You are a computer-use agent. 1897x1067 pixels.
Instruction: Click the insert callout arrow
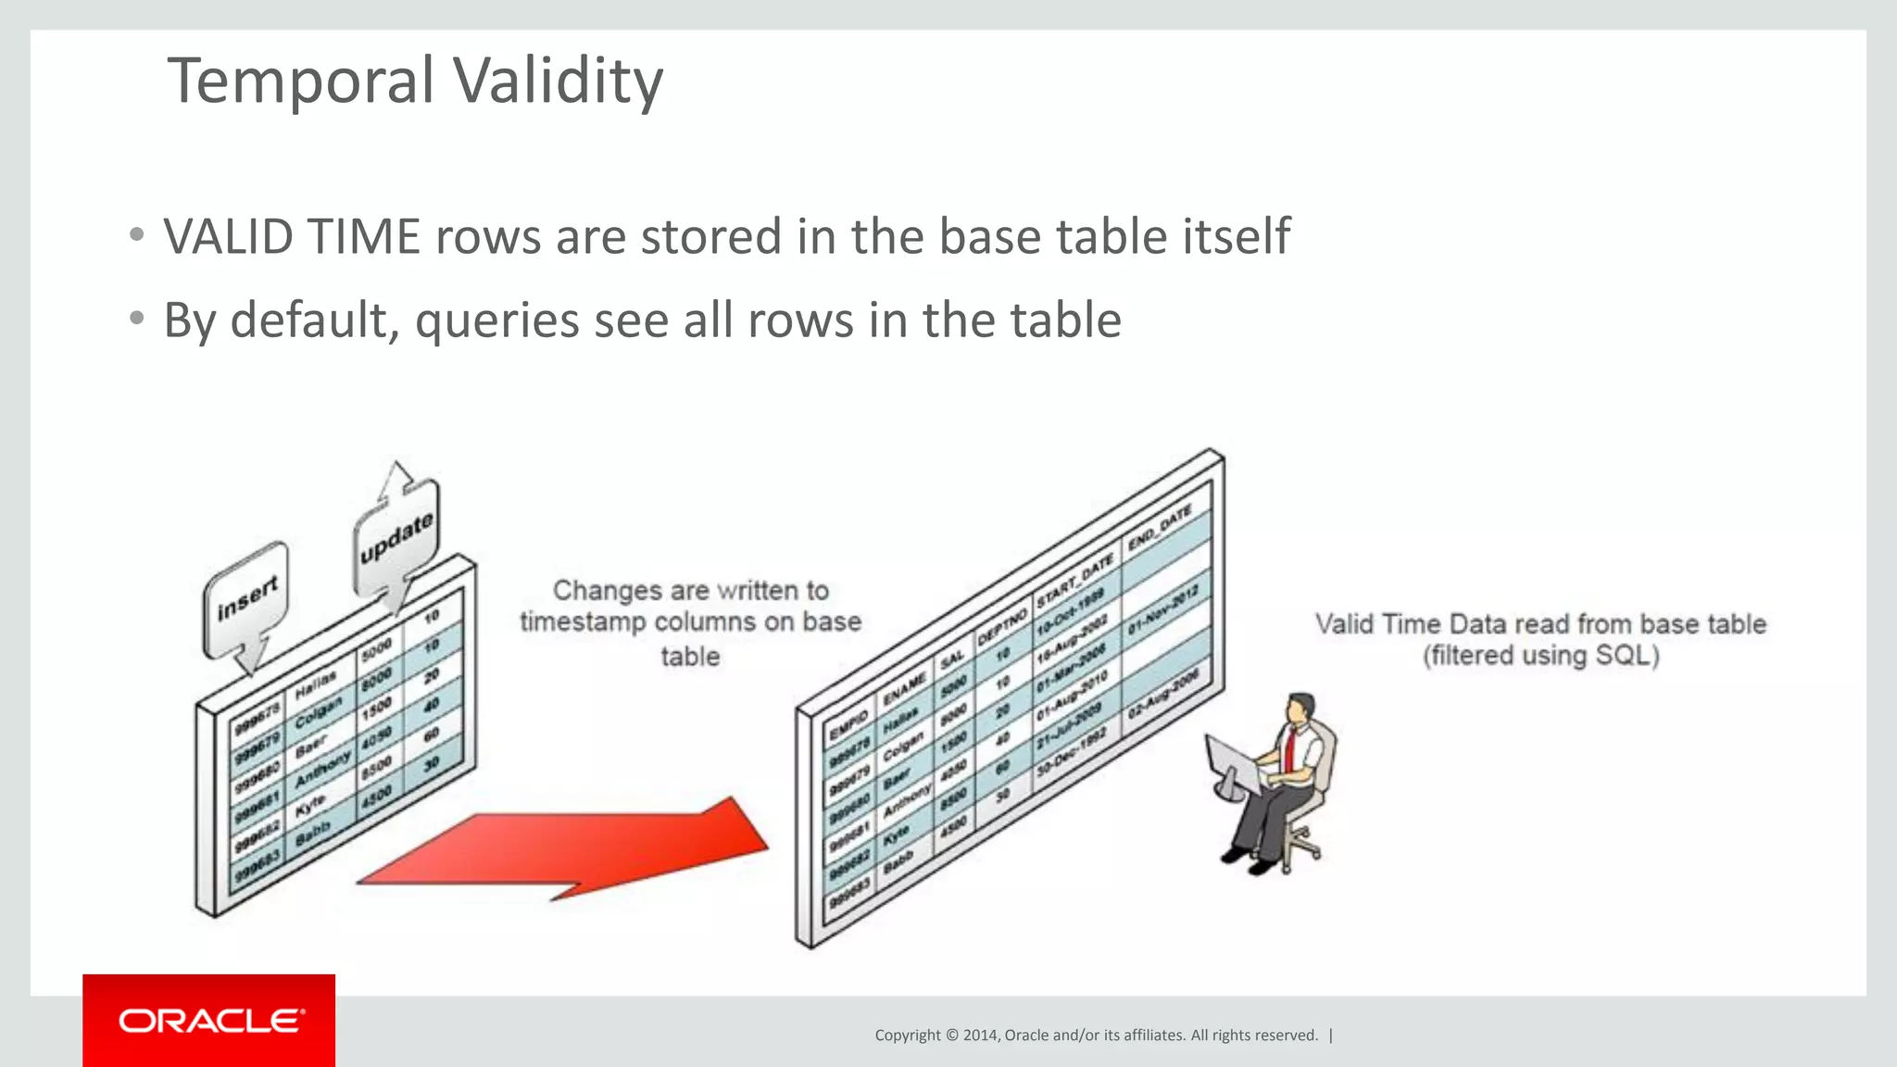pyautogui.click(x=246, y=603)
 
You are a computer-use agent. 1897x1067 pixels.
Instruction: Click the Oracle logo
pyautogui.click(x=209, y=1021)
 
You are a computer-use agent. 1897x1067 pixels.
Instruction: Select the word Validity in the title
pyautogui.click(x=558, y=82)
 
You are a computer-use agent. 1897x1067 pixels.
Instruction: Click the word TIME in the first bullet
pyautogui.click(x=363, y=237)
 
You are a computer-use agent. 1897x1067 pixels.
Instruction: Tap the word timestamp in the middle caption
pyautogui.click(x=583, y=621)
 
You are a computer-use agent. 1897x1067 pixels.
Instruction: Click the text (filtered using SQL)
pyautogui.click(x=1540, y=657)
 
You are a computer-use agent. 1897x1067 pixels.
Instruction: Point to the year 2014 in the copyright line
pyautogui.click(x=980, y=1036)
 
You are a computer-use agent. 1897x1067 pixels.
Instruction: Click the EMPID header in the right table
pyautogui.click(x=848, y=725)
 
